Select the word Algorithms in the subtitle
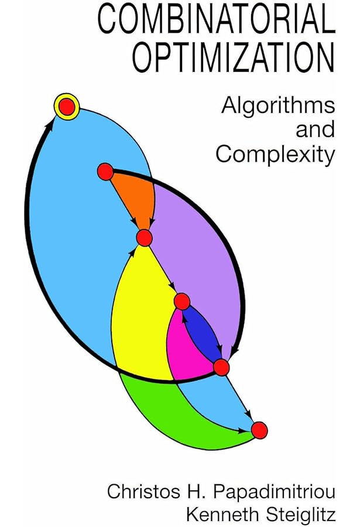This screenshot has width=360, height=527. click(277, 107)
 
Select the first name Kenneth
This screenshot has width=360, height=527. click(224, 515)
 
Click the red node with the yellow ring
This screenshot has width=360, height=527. click(67, 107)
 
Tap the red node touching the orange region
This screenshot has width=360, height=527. click(105, 172)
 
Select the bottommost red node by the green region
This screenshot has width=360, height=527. click(259, 430)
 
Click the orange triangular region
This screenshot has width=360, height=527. click(133, 196)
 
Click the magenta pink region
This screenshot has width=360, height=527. click(184, 345)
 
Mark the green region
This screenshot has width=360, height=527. click(176, 410)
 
